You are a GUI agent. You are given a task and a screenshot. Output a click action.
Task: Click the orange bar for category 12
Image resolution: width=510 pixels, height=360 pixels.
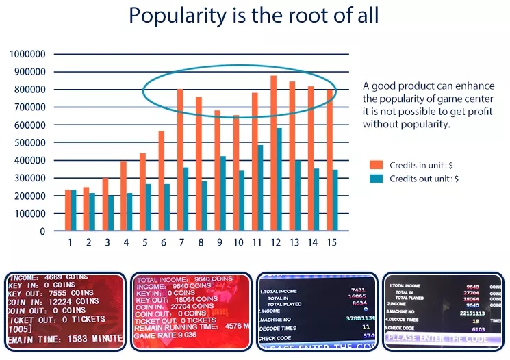[x=274, y=153]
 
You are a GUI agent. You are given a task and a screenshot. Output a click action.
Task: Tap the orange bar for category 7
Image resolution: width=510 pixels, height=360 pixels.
[x=180, y=160]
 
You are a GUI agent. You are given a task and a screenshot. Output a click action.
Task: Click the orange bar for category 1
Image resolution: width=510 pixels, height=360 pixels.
[x=68, y=210]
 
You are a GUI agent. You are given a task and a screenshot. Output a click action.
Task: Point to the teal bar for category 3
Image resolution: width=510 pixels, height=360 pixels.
[x=111, y=213]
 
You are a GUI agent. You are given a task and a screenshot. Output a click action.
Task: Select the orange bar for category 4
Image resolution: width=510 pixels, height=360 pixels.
[x=123, y=196]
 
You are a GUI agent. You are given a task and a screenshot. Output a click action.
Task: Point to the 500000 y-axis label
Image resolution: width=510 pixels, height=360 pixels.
[x=28, y=142]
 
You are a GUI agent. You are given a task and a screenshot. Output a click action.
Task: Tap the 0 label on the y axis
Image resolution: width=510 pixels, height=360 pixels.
[x=42, y=231]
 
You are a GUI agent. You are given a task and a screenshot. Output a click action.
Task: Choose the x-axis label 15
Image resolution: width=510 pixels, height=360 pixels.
[x=331, y=242]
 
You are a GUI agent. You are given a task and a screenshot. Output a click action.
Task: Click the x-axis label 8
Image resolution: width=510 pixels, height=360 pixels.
[x=201, y=242]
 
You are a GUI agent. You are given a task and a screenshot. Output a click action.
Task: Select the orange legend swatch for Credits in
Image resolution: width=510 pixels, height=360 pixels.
[x=376, y=165]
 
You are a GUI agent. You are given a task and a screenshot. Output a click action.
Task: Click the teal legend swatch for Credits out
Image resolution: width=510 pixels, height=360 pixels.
[x=376, y=178]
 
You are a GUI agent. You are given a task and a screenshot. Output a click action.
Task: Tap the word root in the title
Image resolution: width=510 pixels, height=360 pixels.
[x=315, y=16]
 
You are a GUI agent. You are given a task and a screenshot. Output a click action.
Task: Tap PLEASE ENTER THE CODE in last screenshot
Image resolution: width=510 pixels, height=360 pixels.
[x=437, y=338]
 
